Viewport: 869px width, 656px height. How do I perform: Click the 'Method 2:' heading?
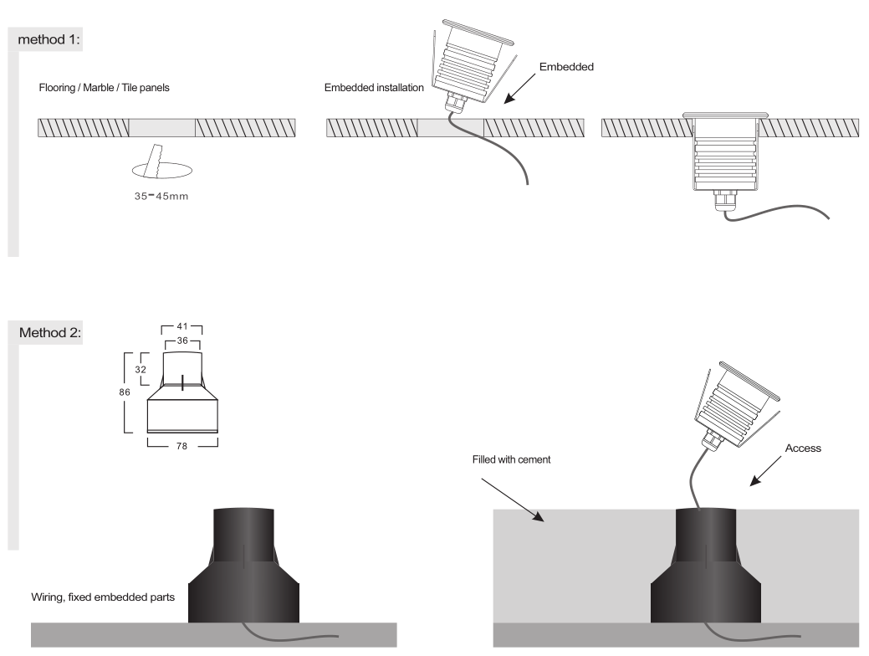point(55,333)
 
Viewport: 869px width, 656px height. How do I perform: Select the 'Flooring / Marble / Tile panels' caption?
point(105,88)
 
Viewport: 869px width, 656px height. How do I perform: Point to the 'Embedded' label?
point(566,67)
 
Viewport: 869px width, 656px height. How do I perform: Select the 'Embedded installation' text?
point(375,88)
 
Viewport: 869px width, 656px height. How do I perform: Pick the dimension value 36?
point(182,341)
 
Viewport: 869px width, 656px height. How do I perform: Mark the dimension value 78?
point(182,447)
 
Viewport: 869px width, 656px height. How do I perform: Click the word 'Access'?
point(804,448)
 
